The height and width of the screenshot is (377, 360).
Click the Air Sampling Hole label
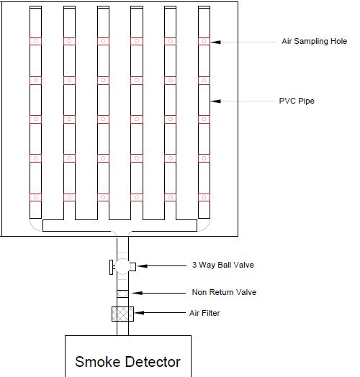314,41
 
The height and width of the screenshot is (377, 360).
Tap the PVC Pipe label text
297,101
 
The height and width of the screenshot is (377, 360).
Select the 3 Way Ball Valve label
222,265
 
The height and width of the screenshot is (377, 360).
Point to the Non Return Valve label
224,292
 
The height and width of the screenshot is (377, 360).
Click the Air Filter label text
204,313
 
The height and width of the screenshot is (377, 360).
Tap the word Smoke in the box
97,362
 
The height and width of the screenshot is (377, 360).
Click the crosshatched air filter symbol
122,314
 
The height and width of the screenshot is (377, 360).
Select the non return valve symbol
122,294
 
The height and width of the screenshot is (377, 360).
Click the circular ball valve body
122,266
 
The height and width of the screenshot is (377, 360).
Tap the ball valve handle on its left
111,267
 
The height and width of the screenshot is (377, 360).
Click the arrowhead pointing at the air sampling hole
215,42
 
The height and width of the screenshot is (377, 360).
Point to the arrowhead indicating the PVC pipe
215,101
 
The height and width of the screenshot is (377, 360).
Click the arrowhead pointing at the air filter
139,313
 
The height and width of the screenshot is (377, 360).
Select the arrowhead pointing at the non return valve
138,293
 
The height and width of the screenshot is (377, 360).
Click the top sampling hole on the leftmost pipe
35,41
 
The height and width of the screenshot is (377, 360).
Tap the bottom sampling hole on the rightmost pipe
204,197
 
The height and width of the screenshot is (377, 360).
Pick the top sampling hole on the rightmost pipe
204,41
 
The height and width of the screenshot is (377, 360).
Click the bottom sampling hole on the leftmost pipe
35,197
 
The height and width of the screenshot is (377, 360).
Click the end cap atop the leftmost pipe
35,7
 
